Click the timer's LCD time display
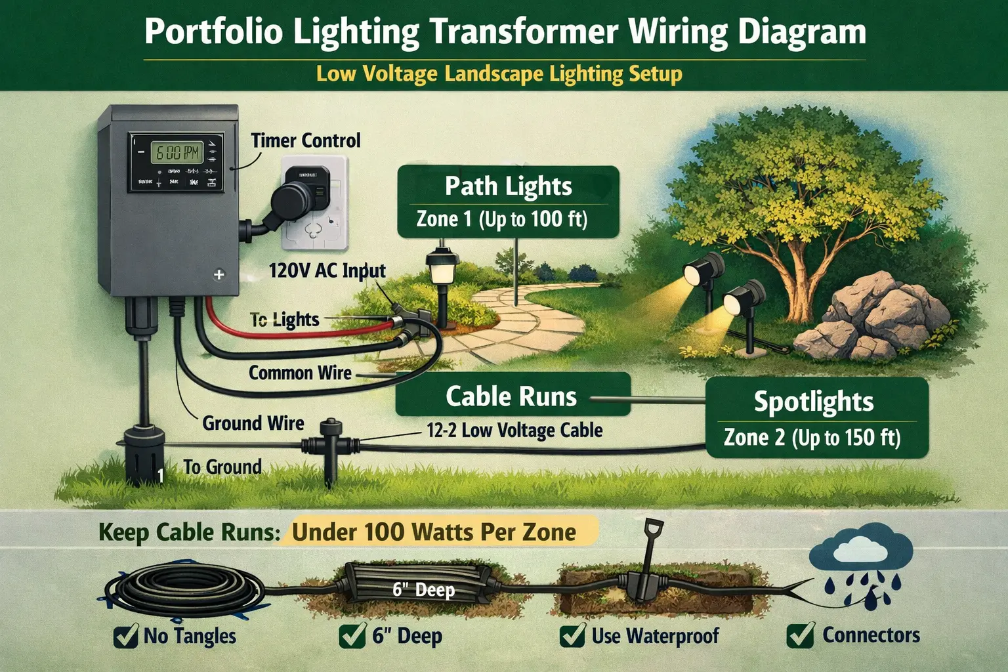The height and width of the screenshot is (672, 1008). click(x=175, y=153)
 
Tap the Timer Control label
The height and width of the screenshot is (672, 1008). click(x=306, y=140)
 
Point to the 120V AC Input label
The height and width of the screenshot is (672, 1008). click(x=327, y=270)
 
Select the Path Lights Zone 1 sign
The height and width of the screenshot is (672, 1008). click(x=508, y=201)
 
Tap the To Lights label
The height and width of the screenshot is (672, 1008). click(x=285, y=320)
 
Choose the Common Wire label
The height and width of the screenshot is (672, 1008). click(x=300, y=373)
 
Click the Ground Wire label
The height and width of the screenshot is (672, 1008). click(x=253, y=423)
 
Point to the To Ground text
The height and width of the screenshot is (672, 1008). click(x=222, y=467)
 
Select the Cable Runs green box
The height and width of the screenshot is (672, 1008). click(x=511, y=396)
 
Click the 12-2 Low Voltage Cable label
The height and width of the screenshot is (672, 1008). click(x=514, y=430)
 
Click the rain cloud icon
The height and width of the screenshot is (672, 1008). click(x=861, y=548)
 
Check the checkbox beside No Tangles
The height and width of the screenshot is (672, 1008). click(x=125, y=636)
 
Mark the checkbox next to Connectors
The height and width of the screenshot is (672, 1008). click(x=800, y=635)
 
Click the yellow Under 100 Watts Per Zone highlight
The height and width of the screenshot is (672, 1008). click(x=434, y=532)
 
